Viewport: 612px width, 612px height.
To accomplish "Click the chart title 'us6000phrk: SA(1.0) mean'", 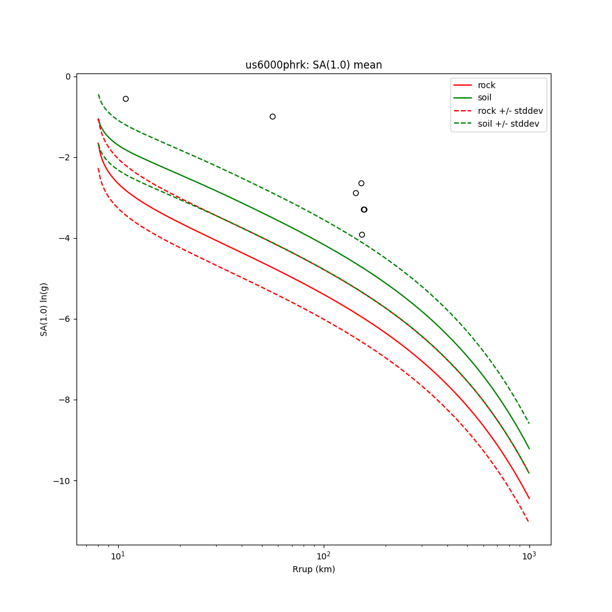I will point(313,65).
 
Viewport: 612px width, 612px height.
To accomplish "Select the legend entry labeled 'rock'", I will point(487,85).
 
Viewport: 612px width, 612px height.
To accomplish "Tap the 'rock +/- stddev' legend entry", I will point(510,111).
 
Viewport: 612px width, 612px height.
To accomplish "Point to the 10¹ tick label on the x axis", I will point(118,556).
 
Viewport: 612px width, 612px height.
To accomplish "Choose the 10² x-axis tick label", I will point(324,556).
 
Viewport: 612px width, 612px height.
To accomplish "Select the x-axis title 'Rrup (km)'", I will point(313,569).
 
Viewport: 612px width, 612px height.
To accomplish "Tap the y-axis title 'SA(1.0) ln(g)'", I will point(44,309).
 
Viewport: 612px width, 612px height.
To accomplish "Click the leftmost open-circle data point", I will point(125,99).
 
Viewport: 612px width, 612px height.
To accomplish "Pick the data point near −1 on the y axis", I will point(272,116).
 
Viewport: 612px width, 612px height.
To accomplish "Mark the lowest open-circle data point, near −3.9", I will point(362,234).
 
